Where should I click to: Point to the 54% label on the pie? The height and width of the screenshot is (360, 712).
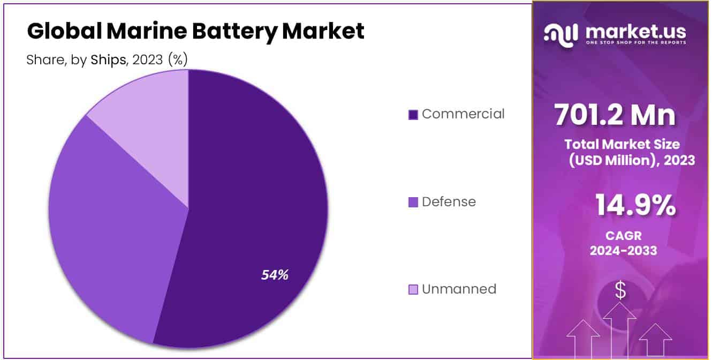275,275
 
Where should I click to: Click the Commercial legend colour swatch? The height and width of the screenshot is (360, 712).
413,115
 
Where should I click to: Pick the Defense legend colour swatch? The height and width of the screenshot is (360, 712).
413,202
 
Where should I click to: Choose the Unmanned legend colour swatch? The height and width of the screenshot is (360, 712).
413,290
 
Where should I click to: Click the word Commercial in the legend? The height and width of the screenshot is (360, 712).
463,114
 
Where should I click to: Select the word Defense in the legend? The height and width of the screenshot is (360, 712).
449,202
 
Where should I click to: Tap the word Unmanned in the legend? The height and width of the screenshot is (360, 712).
459,289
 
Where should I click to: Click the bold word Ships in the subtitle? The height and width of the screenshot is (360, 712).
108,60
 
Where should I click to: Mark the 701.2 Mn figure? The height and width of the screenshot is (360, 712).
615,115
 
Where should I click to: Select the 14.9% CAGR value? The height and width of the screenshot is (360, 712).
634,206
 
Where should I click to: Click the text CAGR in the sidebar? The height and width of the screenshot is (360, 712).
623,235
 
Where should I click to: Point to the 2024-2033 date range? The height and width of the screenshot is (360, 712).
623,250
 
